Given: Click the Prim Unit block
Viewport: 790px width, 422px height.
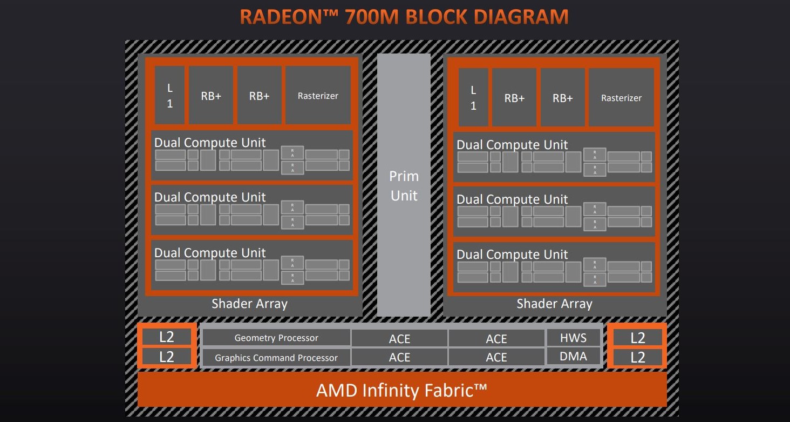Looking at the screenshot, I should coord(404,185).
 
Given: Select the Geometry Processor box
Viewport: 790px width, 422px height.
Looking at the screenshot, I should coord(276,338).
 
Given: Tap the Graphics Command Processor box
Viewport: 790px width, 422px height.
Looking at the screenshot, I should coord(276,357).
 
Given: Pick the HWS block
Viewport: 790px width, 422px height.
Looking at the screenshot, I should coord(573,338).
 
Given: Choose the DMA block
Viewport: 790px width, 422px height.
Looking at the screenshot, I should coord(573,357).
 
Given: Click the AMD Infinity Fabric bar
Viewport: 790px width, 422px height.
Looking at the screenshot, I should coord(402,390).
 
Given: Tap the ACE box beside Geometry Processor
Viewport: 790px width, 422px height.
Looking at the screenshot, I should coord(399,339).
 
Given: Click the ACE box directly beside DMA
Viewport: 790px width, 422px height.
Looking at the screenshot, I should coord(496,357).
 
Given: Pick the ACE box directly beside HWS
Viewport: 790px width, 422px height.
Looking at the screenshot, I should coord(496,339).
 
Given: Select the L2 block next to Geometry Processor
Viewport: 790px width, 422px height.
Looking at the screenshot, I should coord(167,337).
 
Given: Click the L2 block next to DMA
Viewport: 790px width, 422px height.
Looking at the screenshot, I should coord(637,357).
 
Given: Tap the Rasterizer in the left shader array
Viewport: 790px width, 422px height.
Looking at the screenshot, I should coord(318,96).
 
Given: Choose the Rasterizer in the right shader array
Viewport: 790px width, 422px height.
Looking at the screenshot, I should coord(621,98).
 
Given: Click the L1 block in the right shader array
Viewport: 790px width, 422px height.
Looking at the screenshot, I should coord(473,98).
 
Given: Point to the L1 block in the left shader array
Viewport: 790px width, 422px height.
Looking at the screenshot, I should coord(169,96).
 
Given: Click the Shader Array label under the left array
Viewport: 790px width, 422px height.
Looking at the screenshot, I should coord(249,304).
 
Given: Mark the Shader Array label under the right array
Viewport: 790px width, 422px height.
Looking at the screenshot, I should coord(554,304).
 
